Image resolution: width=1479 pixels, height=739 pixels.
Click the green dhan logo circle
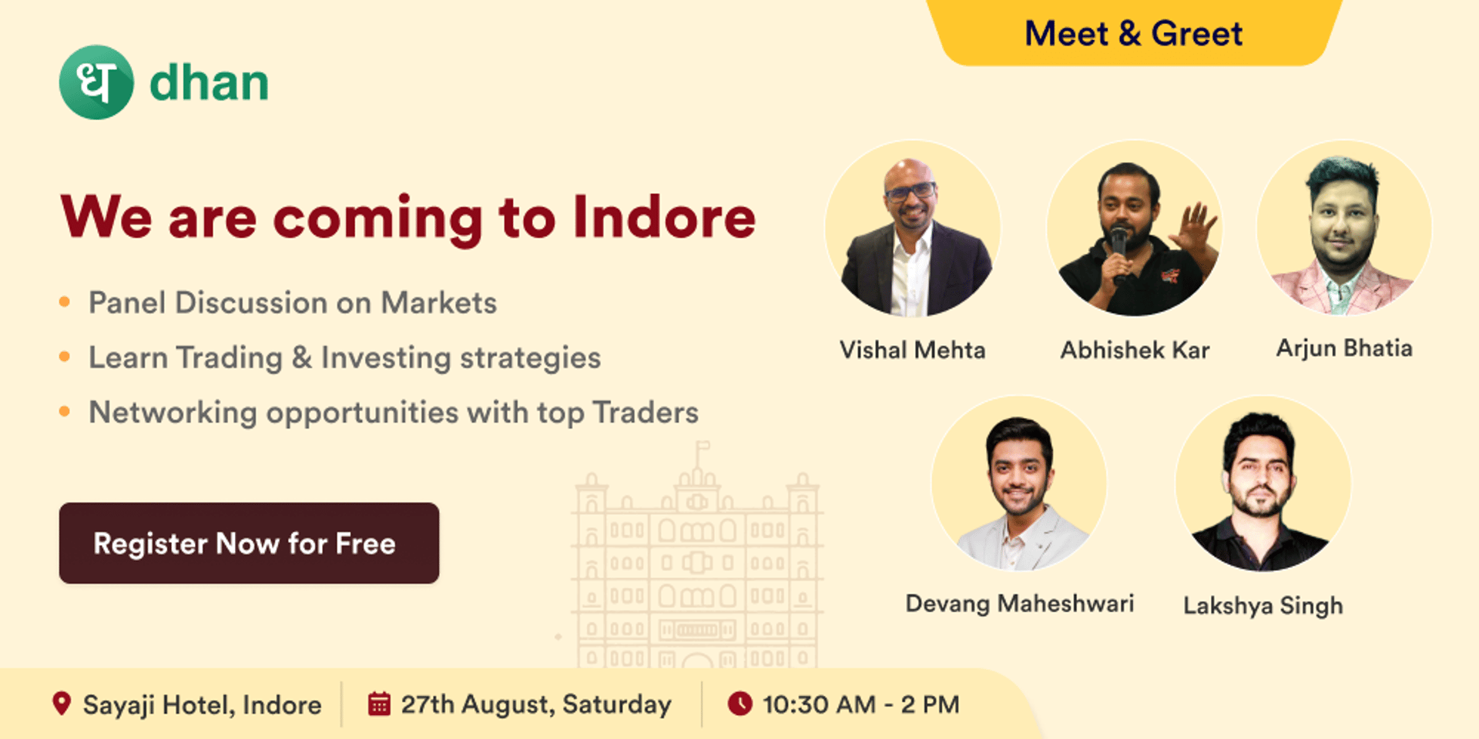coord(96,82)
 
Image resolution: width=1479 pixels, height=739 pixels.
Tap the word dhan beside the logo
coord(209,82)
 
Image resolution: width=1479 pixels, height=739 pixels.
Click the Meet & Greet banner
coord(1133,33)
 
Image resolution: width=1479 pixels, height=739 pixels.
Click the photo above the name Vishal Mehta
coord(913,229)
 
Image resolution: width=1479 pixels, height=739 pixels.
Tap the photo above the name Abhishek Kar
coord(1134,229)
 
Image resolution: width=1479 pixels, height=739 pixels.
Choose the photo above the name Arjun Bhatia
coord(1344,229)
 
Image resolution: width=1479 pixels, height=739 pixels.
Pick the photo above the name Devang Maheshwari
coord(1019,484)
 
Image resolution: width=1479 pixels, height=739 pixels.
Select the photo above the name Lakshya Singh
coord(1263,484)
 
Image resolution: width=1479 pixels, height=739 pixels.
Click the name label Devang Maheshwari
coord(1019,604)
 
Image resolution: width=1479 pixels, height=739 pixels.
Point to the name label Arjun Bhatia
coord(1344,348)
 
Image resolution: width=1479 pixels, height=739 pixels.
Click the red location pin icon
coord(62,704)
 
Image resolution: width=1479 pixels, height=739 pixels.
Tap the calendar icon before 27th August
coord(379,704)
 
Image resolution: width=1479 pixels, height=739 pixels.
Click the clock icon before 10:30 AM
coord(740,704)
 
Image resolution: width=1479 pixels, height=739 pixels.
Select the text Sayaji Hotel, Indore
coord(202,705)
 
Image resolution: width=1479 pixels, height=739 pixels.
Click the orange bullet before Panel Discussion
coord(65,302)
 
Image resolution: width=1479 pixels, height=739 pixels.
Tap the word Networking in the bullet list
coord(173,413)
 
